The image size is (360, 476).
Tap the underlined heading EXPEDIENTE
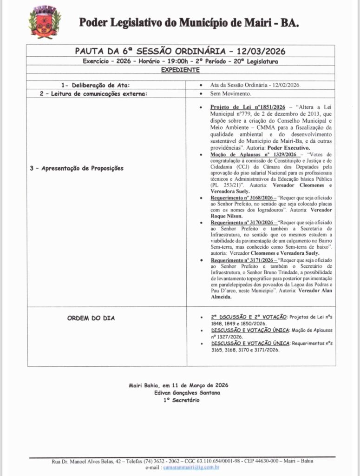[x=180, y=70]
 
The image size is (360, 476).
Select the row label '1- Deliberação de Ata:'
[x=95, y=85]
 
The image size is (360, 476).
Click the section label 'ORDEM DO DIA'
[x=91, y=318]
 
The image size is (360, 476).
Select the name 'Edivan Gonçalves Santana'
[x=182, y=393]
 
